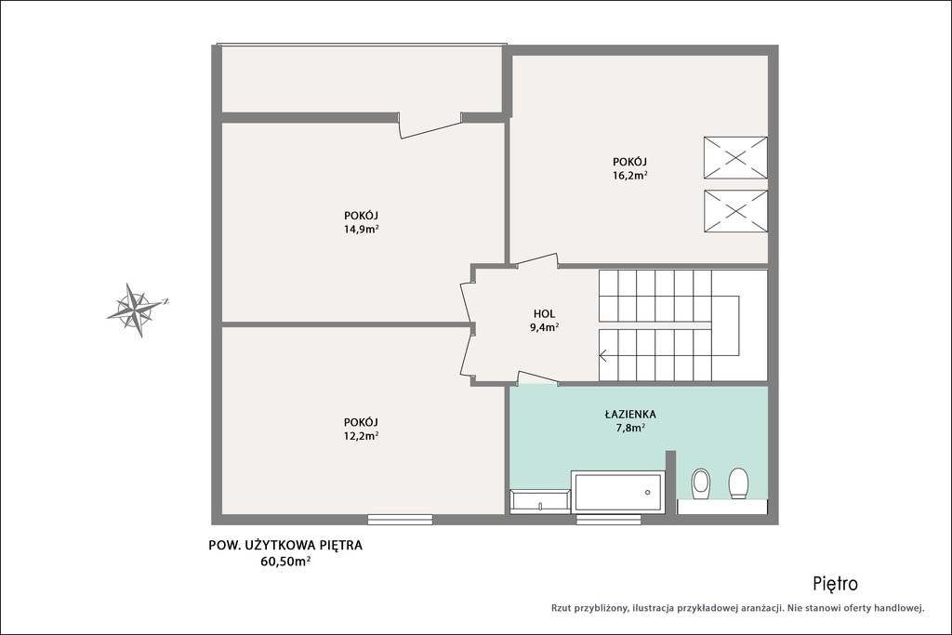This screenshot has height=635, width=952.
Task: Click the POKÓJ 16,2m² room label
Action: tap(629, 169)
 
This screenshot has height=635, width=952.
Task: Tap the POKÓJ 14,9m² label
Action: tap(362, 222)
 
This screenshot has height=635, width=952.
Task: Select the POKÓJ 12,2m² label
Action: tap(362, 429)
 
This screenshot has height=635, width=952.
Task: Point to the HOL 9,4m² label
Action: tap(545, 321)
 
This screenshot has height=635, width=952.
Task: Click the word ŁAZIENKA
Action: tap(630, 415)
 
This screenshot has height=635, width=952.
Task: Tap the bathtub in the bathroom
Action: tap(618, 493)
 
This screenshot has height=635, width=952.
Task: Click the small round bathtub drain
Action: tap(648, 493)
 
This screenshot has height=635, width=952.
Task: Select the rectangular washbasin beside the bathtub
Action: tap(540, 501)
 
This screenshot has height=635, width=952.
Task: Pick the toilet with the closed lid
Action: tap(738, 483)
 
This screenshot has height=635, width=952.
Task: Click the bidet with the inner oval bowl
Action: tap(701, 483)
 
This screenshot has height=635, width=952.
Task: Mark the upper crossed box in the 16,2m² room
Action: tap(735, 158)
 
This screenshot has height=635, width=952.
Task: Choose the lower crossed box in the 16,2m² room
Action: tap(735, 211)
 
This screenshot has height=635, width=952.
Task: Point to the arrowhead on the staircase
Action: tap(602, 356)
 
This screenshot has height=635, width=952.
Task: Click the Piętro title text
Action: tap(836, 584)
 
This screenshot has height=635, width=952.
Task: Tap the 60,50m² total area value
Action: tap(285, 561)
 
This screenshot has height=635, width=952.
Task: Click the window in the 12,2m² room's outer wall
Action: tap(400, 520)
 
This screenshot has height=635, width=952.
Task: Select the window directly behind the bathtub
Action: tap(608, 520)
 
